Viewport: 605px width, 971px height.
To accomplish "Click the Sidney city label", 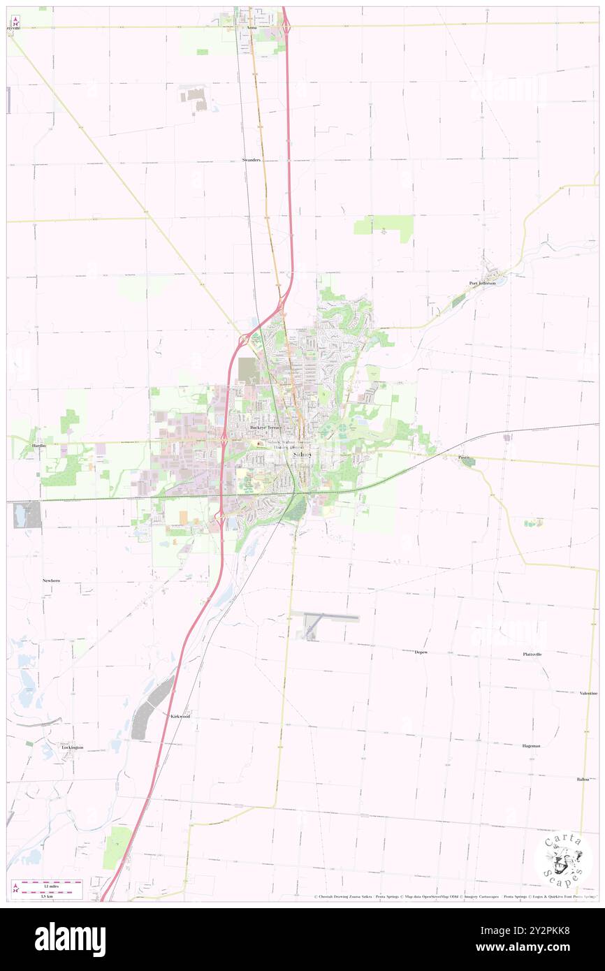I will pyautogui.click(x=302, y=454).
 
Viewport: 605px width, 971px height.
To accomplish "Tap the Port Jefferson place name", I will pyautogui.click(x=482, y=283).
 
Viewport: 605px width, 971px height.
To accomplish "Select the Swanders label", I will pyautogui.click(x=251, y=160).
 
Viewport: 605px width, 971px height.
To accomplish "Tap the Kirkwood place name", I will pyautogui.click(x=180, y=717).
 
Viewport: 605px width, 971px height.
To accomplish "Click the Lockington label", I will pyautogui.click(x=72, y=747).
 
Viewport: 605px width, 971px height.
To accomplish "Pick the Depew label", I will pyautogui.click(x=421, y=652).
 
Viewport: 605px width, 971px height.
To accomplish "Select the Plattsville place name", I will pyautogui.click(x=532, y=654).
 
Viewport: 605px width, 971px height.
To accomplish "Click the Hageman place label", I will pyautogui.click(x=531, y=745).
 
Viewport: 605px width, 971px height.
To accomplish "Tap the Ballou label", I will pyautogui.click(x=583, y=779).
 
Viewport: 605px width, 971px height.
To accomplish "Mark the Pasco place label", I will pyautogui.click(x=465, y=458).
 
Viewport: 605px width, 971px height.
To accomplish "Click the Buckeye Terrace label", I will pyautogui.click(x=265, y=427).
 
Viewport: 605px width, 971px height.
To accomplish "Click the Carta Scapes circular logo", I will pyautogui.click(x=563, y=859).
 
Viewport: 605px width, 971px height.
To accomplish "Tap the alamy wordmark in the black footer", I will pyautogui.click(x=70, y=940).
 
